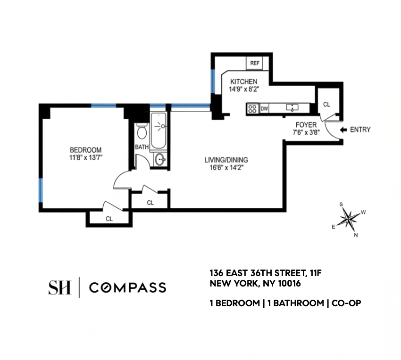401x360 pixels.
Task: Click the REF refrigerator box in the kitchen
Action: click(x=254, y=63)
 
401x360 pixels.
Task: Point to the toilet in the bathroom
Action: click(x=141, y=131)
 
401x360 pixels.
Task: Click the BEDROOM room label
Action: click(x=85, y=150)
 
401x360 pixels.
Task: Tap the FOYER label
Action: click(x=306, y=125)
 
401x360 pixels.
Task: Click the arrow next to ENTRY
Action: click(x=343, y=130)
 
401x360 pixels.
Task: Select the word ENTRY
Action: click(x=360, y=130)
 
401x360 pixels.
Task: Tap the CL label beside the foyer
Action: click(x=326, y=104)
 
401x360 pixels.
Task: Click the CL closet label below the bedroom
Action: click(x=109, y=219)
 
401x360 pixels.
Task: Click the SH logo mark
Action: click(x=59, y=287)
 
